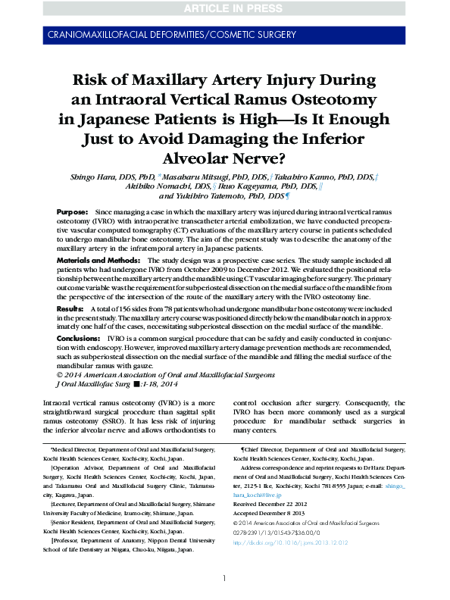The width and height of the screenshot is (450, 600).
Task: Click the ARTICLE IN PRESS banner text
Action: coord(225,9)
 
